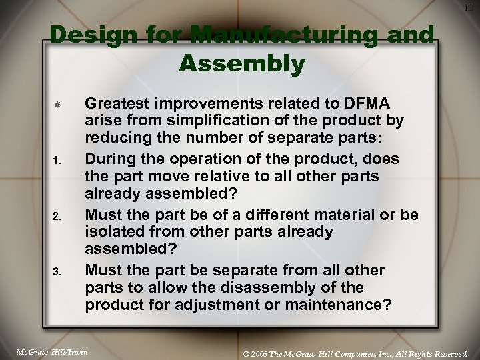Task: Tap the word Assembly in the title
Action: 242,65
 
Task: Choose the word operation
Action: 192,159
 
